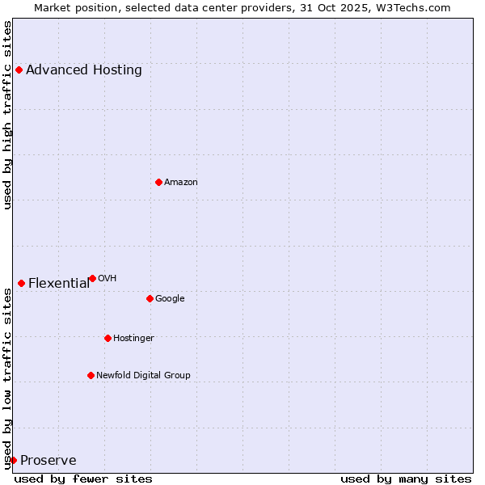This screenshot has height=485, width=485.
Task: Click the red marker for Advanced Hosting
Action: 19,70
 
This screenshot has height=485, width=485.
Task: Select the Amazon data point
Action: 158,182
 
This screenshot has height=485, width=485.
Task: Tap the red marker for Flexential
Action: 21,283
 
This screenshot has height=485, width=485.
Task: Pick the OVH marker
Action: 92,278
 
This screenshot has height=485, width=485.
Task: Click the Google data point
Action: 150,298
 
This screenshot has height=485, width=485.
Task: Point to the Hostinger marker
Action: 108,338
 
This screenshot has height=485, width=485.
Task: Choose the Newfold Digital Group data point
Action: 91,375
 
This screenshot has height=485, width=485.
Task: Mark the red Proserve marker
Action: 13,460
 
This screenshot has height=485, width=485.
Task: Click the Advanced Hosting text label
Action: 84,70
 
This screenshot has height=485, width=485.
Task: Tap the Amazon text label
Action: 181,182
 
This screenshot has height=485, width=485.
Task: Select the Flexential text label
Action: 59,283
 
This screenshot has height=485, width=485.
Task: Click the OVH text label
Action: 108,278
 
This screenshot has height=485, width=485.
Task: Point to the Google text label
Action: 170,298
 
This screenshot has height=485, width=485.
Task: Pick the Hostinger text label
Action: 133,338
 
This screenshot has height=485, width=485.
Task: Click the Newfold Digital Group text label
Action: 143,375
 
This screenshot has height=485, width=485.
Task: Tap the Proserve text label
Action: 48,460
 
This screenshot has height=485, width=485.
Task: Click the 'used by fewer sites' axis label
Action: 83,479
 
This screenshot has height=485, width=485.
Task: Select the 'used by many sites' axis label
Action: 406,479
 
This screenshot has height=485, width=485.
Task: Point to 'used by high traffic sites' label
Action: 7,114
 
